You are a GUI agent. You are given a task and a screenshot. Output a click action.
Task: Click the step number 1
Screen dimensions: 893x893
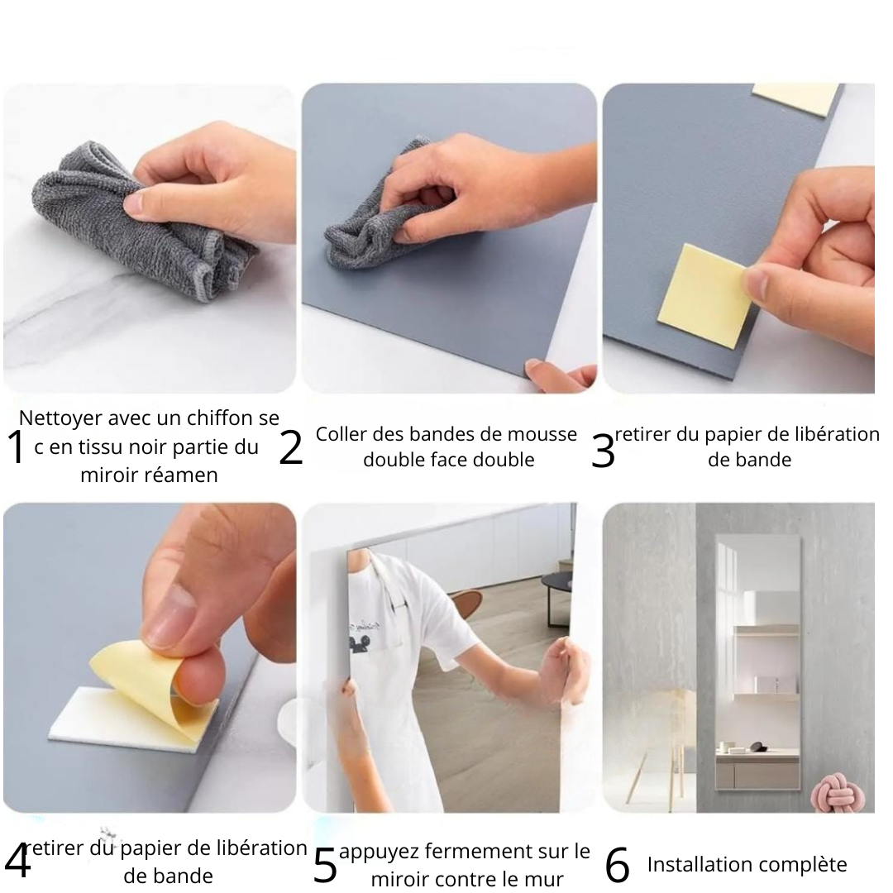coord(17,447)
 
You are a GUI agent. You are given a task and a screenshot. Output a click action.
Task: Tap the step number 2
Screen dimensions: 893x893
coord(290,447)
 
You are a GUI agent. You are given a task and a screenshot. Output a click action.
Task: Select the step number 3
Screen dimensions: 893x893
coord(603,451)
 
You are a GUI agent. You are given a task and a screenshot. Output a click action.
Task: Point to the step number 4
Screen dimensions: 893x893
coord(17,862)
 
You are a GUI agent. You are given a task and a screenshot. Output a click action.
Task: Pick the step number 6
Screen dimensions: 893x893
coord(618,865)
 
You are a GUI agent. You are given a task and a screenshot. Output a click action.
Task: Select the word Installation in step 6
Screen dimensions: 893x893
coord(694,865)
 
